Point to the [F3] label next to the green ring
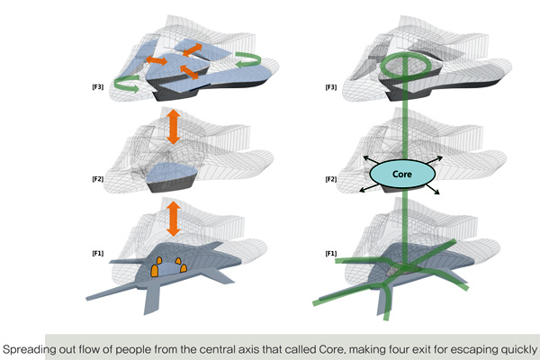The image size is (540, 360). [329, 87]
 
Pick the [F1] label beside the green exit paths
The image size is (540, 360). [329, 255]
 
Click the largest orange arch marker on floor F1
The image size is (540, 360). [155, 268]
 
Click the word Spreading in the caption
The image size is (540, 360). [34, 348]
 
